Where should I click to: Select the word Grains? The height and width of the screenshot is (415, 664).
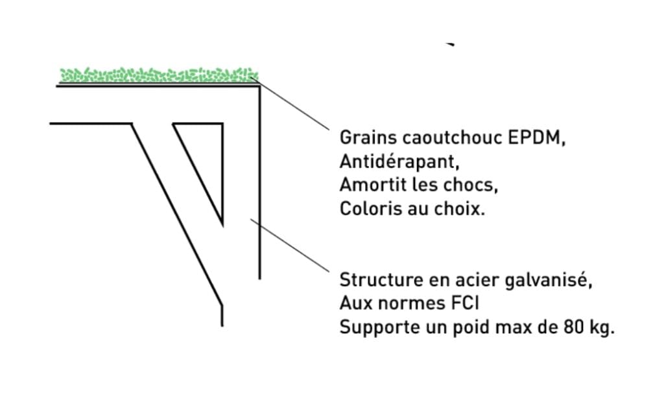click(x=368, y=137)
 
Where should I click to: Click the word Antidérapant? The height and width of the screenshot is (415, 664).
click(x=399, y=161)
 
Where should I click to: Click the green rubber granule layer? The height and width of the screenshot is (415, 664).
click(x=159, y=75)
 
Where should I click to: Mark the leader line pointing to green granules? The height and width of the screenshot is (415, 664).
click(x=290, y=103)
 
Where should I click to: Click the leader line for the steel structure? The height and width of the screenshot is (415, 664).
click(x=290, y=245)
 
